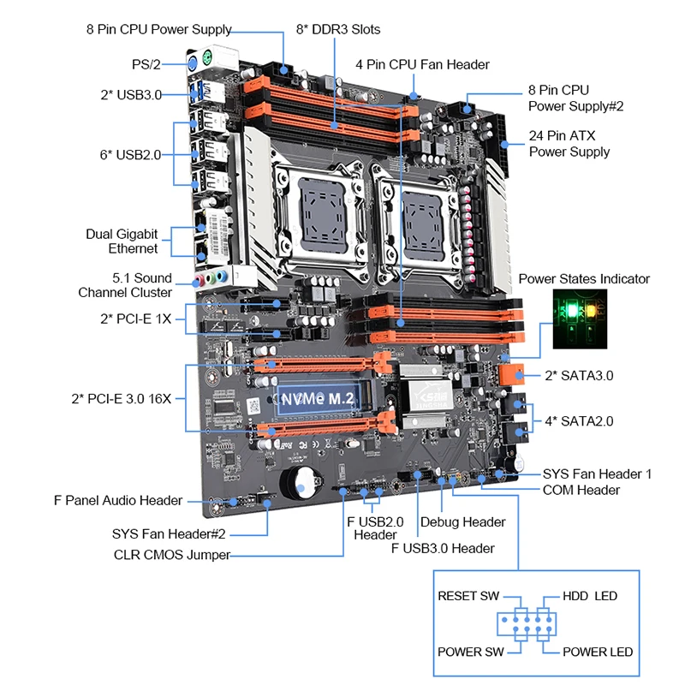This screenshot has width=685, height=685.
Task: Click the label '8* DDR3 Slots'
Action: point(338,29)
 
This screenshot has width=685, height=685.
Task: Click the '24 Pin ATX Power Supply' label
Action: point(569,143)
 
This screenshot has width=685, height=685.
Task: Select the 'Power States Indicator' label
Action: point(584,279)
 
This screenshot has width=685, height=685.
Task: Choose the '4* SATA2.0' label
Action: point(579,420)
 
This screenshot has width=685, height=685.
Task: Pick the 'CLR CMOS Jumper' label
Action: point(172,554)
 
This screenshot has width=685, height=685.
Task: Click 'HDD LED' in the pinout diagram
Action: point(589,596)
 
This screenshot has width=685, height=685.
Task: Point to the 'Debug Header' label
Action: point(462,521)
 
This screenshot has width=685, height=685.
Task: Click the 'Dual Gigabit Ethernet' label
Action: point(122,241)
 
